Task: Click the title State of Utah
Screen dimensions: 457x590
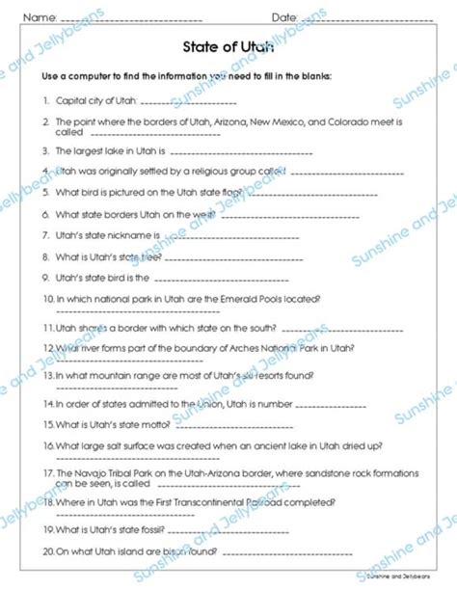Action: [x=228, y=46]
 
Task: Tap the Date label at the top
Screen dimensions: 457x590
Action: [x=283, y=17]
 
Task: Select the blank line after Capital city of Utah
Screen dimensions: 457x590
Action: [x=194, y=101]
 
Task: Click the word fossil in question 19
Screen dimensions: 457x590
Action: [x=139, y=528]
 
